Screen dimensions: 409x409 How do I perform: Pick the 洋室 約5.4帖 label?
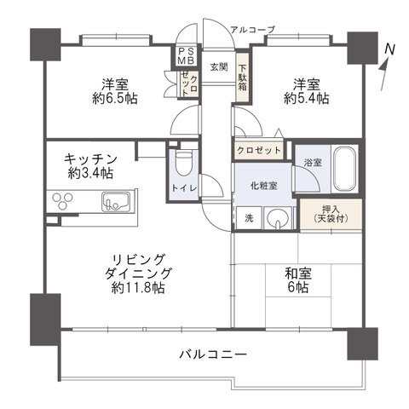coord(305,91)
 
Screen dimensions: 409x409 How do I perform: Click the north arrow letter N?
coord(389,50)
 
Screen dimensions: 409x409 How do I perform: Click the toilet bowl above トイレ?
coord(181,162)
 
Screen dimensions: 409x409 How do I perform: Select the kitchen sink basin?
coord(115,204)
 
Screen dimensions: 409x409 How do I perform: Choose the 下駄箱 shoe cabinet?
coord(242,78)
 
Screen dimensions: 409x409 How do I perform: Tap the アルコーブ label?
coord(253,29)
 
